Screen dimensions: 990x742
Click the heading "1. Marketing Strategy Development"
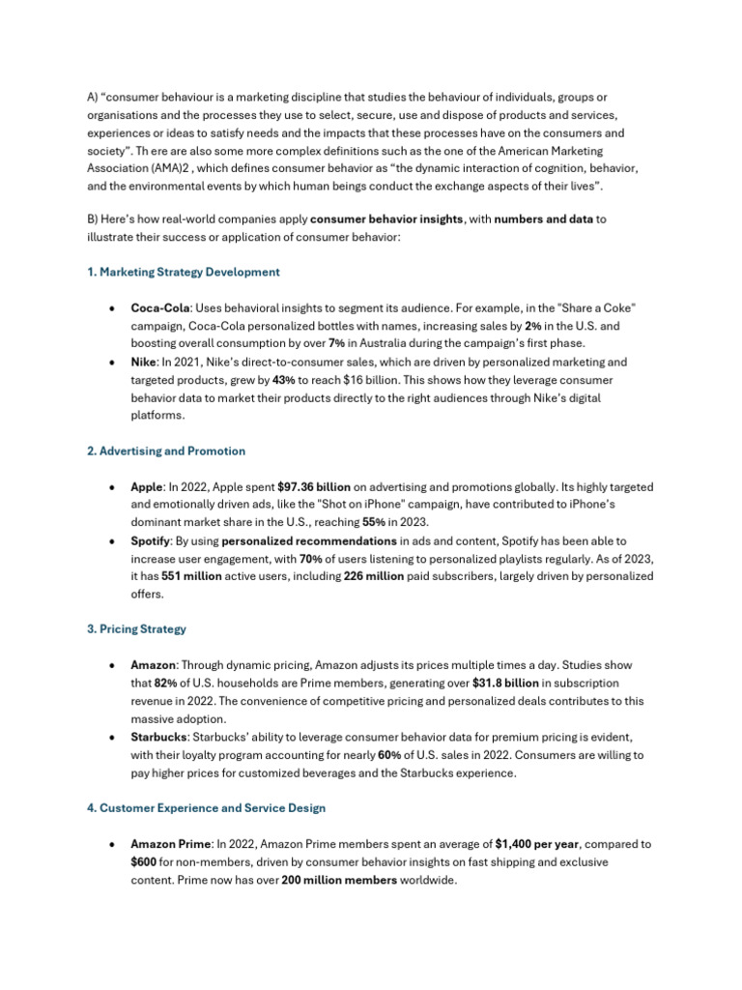(183, 273)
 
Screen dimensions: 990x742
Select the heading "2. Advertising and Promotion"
(166, 451)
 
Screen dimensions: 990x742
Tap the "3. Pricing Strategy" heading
(136, 629)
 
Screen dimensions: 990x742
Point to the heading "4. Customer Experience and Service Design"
(206, 807)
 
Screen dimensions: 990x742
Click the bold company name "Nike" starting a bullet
(143, 363)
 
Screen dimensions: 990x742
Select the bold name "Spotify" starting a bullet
(150, 541)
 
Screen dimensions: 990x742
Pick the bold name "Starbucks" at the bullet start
(158, 738)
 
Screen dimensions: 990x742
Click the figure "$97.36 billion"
(314, 487)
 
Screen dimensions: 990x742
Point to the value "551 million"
(191, 577)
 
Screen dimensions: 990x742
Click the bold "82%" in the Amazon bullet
(165, 684)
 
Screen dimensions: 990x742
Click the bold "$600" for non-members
(144, 862)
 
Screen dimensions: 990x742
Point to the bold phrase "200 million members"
(339, 881)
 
